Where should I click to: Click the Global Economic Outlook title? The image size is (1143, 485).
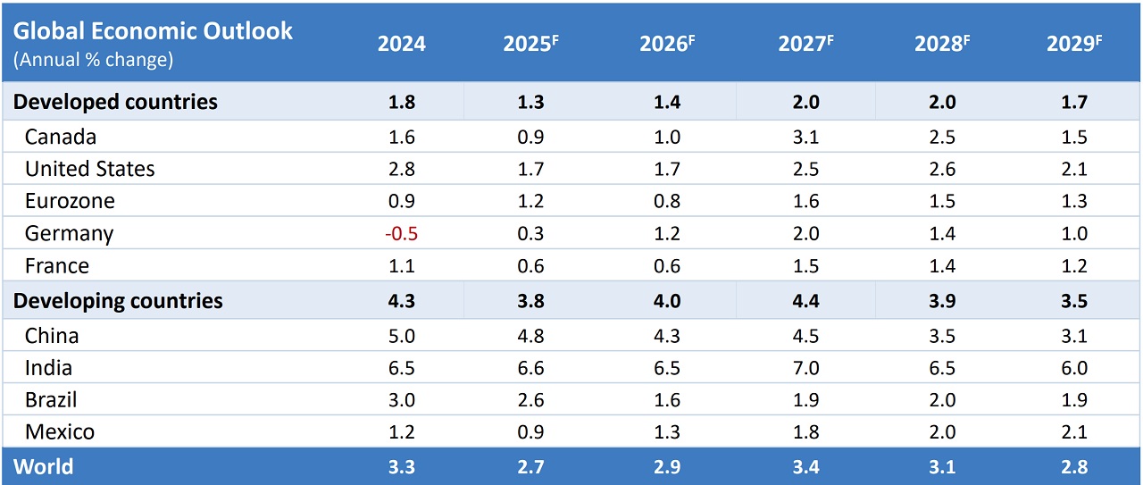point(153,30)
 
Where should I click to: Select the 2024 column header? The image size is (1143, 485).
point(401,45)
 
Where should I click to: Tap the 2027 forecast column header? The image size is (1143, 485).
point(805,45)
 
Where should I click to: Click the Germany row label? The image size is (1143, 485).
point(69,234)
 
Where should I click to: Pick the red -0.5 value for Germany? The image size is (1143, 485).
point(401,234)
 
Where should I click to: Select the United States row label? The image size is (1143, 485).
point(89,169)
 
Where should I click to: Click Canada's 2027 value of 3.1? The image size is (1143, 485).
point(805,137)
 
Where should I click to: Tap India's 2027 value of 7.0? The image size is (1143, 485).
point(805,368)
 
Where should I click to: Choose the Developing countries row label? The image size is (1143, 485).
point(118,301)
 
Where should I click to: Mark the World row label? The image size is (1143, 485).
point(44,467)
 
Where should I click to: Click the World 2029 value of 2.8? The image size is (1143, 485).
point(1074,467)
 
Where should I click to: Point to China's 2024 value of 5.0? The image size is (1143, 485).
point(401,336)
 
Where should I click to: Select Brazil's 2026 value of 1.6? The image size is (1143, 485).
point(667,400)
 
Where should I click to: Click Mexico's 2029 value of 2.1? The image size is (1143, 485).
point(1074,432)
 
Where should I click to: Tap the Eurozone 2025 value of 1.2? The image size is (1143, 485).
point(530,201)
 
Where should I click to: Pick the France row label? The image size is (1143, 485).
point(57,266)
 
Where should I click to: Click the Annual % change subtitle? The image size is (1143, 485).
point(93,60)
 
